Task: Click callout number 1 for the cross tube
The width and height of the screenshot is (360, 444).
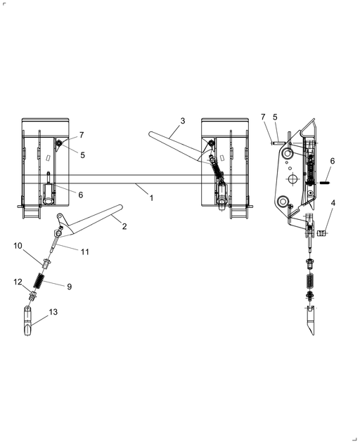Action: pos(152,198)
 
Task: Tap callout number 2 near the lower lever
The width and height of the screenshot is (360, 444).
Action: pos(124,226)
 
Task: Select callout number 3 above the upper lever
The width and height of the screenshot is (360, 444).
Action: pos(183,121)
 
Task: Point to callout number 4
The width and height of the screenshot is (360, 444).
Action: pos(333,203)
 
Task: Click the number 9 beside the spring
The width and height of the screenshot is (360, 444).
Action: pos(70,287)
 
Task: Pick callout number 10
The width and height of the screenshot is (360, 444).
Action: pos(18,245)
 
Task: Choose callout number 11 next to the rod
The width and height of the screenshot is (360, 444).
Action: pos(85,252)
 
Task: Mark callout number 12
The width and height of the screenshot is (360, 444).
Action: pos(18,282)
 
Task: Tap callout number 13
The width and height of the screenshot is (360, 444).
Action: pos(53,312)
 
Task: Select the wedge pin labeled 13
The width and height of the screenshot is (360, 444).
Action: pos(27,320)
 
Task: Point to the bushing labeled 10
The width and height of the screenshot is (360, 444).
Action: pos(47,263)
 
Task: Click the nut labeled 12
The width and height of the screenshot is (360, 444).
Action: pos(32,296)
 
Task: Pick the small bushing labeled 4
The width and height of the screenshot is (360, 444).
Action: pos(321,233)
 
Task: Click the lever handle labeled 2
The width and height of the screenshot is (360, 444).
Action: pos(89,221)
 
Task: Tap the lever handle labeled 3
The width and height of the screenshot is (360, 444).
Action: pos(179,146)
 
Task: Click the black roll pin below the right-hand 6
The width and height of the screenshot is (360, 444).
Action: pos(325,183)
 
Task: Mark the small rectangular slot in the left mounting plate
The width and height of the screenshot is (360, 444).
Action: pos(49,157)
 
